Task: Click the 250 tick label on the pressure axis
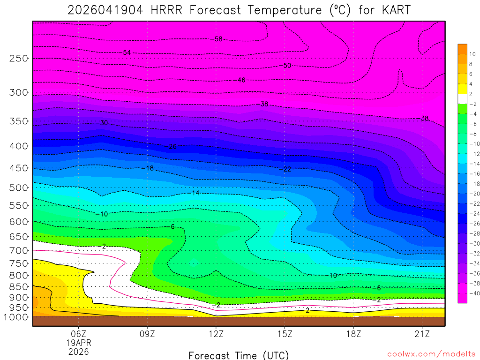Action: coord(19,58)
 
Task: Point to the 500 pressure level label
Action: coord(19,187)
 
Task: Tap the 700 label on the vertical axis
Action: coord(19,250)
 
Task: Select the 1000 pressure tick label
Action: coord(16,317)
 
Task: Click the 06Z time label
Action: coord(78,334)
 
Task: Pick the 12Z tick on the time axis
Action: coord(216,334)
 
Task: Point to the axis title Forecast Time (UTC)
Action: coord(239,355)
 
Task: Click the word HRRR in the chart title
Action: coord(166,10)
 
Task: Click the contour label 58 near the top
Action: coord(218,39)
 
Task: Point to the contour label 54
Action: coord(126,52)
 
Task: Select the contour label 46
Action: coord(241,80)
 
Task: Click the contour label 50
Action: coord(287,65)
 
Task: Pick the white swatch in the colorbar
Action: coord(463,98)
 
